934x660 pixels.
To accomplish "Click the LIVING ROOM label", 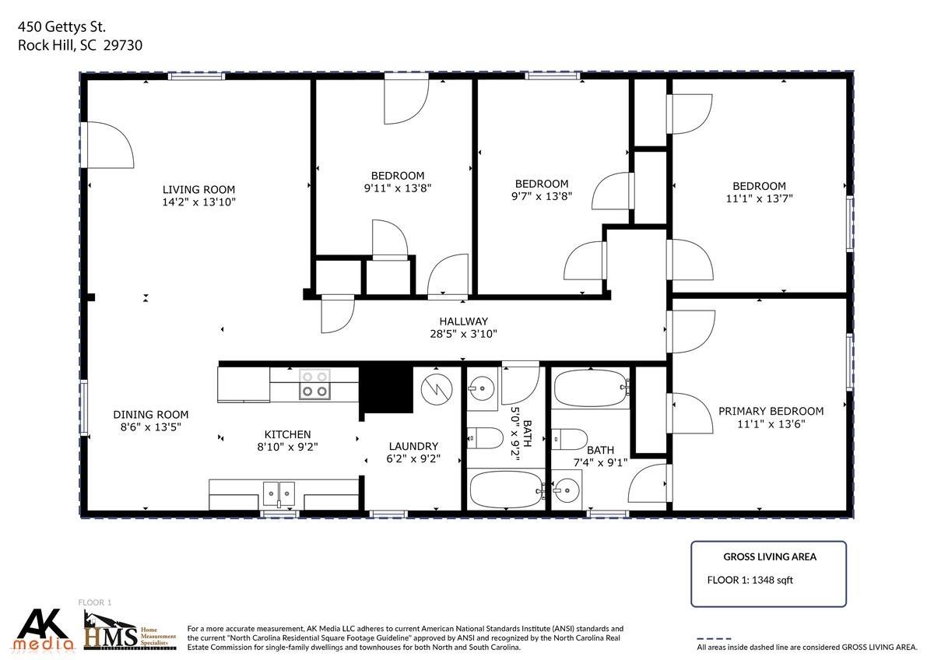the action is click(x=198, y=190).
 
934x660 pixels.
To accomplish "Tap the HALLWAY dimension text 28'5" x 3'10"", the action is click(x=463, y=334).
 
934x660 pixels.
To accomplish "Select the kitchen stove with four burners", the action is click(x=314, y=384).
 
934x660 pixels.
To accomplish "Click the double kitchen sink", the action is click(x=279, y=493).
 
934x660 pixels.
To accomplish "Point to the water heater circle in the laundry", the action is click(x=437, y=389).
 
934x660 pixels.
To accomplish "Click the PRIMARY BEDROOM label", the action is click(x=771, y=412).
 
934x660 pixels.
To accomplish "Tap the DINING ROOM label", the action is click(x=150, y=415).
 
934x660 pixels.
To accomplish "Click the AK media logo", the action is click(x=44, y=630).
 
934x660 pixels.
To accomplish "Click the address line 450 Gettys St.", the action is click(x=61, y=27).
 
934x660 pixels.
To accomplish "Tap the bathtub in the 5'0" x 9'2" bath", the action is click(x=507, y=490).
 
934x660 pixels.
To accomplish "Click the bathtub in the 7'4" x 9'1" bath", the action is click(x=591, y=388).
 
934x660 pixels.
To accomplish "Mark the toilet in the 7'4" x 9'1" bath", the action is click(x=570, y=439).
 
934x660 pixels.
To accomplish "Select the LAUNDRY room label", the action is click(x=413, y=447).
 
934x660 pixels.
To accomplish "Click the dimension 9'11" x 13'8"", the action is click(x=398, y=188).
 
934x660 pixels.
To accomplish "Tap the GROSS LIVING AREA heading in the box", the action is click(x=770, y=557).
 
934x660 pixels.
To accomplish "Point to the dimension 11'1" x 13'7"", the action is click(x=759, y=199).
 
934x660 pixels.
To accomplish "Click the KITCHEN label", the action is click(x=287, y=434).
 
